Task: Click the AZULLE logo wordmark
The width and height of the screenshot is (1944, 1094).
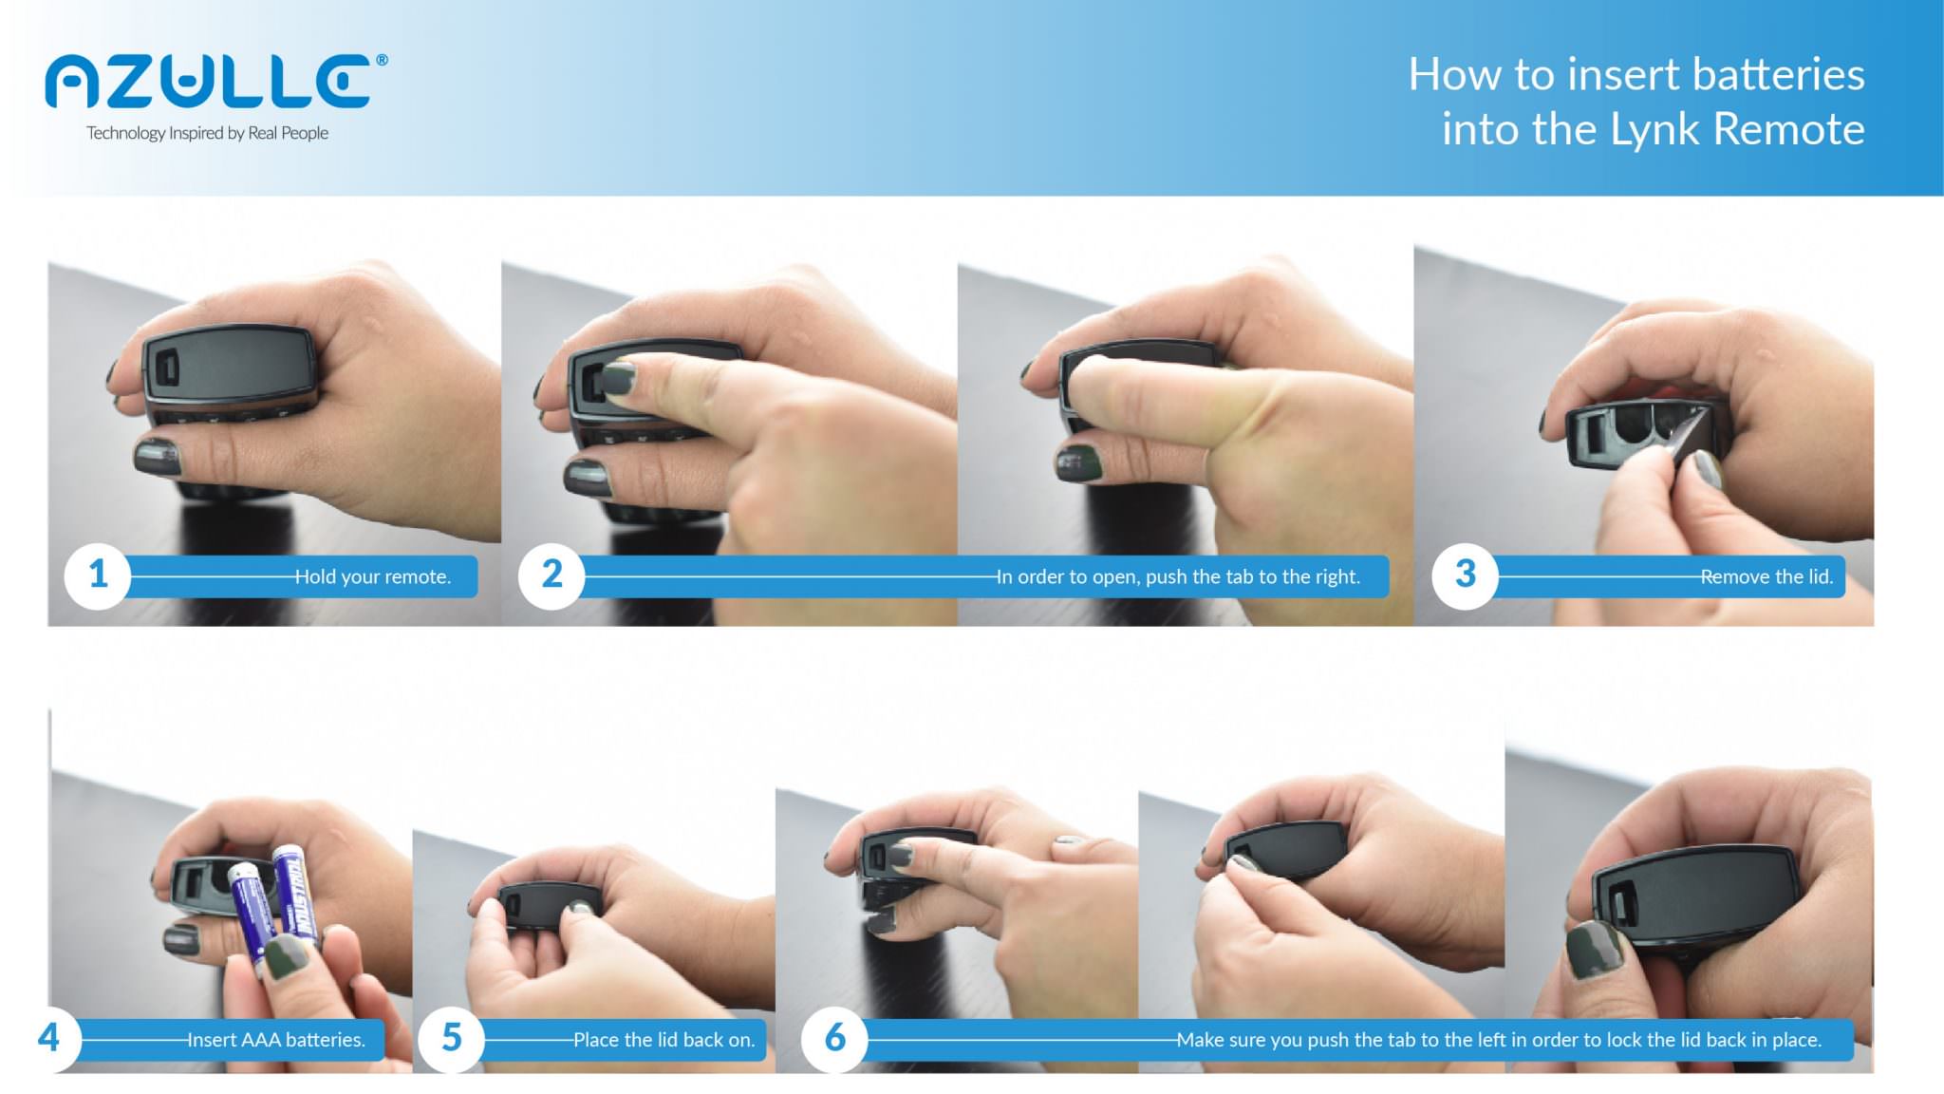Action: tap(209, 82)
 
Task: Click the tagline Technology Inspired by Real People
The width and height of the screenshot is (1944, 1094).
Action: tap(207, 133)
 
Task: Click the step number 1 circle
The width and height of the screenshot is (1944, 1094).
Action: tap(98, 575)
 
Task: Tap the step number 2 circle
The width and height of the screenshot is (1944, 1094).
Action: tap(551, 575)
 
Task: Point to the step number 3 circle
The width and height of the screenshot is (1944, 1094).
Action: tap(1465, 575)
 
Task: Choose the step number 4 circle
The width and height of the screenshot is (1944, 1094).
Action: tap(48, 1038)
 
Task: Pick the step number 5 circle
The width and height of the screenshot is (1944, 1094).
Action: tap(452, 1038)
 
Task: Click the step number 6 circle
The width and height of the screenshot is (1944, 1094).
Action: tap(834, 1038)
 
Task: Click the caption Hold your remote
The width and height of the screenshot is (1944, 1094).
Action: tap(372, 576)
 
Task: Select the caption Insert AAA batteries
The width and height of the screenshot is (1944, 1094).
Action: tap(275, 1040)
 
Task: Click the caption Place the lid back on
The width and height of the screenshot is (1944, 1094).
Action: tap(664, 1040)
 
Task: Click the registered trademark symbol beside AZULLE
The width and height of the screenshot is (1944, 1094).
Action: tap(382, 60)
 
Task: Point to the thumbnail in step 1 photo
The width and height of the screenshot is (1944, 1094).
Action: tap(158, 456)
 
